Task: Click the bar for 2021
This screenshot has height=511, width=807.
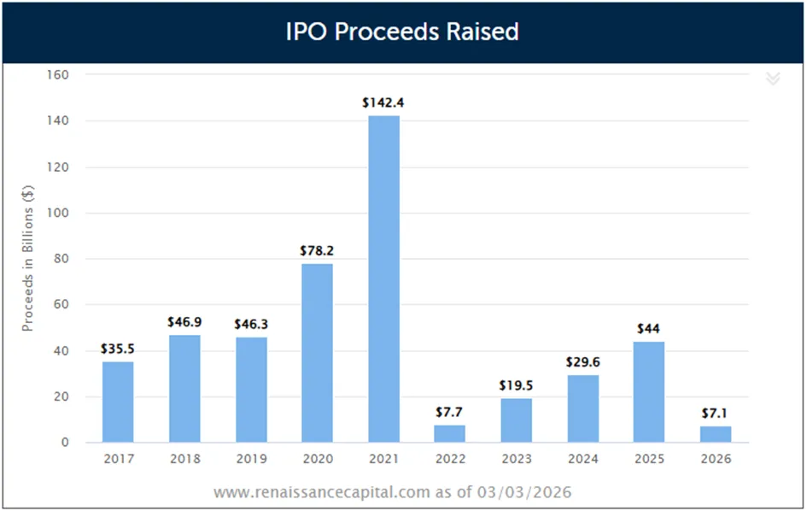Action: point(384,279)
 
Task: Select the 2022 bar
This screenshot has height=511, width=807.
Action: point(449,433)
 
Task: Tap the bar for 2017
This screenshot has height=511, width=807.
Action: point(118,402)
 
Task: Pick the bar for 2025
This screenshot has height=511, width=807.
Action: point(648,391)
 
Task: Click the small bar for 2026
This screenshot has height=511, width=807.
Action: point(716,434)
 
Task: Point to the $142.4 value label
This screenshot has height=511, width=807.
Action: point(383,103)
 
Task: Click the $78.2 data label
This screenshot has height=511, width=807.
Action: point(317,250)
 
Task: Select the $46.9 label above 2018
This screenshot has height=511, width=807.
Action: point(184,322)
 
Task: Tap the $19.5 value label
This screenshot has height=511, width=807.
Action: point(516,385)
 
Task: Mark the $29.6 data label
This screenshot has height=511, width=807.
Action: point(582,362)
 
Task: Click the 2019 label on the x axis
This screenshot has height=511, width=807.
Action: point(251,459)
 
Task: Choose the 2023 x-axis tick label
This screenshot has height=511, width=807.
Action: point(516,459)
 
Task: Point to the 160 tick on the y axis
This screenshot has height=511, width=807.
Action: point(58,74)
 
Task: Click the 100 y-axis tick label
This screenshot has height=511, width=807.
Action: point(58,213)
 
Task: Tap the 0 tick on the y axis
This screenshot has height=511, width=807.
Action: point(65,442)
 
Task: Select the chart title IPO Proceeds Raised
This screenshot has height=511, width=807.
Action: point(402,32)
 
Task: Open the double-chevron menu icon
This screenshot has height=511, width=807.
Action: point(773,79)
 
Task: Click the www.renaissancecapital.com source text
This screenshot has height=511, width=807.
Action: point(322,492)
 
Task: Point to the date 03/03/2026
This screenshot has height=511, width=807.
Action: point(524,492)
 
